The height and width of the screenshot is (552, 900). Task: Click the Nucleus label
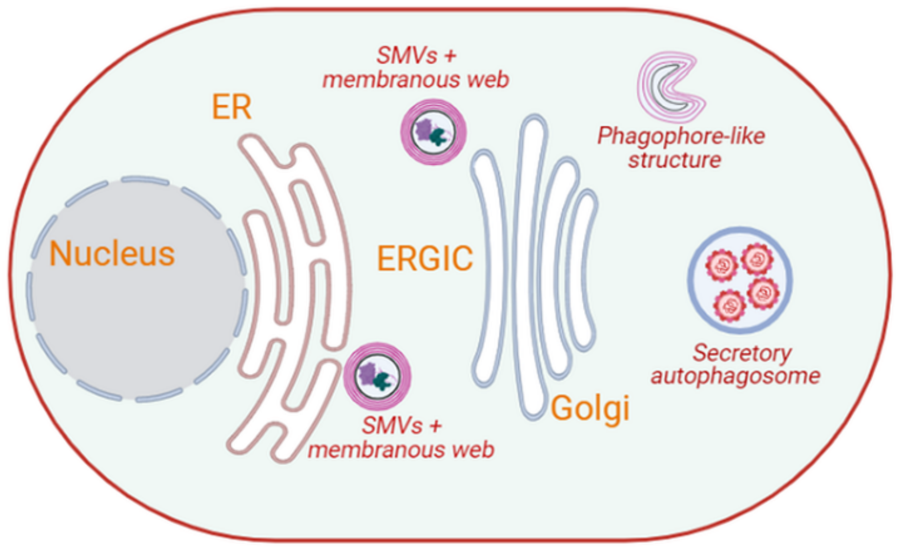pyautogui.click(x=112, y=254)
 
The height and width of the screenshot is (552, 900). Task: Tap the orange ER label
pyautogui.click(x=231, y=107)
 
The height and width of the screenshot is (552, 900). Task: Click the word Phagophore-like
pyautogui.click(x=681, y=136)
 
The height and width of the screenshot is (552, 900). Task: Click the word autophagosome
pyautogui.click(x=735, y=376)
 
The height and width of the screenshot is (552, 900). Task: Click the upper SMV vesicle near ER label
pyautogui.click(x=434, y=132)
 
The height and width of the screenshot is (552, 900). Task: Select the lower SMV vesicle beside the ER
pyautogui.click(x=377, y=376)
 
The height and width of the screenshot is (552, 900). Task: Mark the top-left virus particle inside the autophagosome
pyautogui.click(x=722, y=265)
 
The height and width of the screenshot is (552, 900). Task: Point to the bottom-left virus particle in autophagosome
pyautogui.click(x=730, y=305)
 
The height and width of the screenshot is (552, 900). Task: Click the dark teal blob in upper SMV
pyautogui.click(x=438, y=137)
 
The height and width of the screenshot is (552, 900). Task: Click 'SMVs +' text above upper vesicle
pyautogui.click(x=416, y=56)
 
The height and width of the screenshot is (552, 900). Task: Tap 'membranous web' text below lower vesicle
pyautogui.click(x=401, y=450)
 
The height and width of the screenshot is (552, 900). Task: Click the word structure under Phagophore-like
pyautogui.click(x=675, y=160)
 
